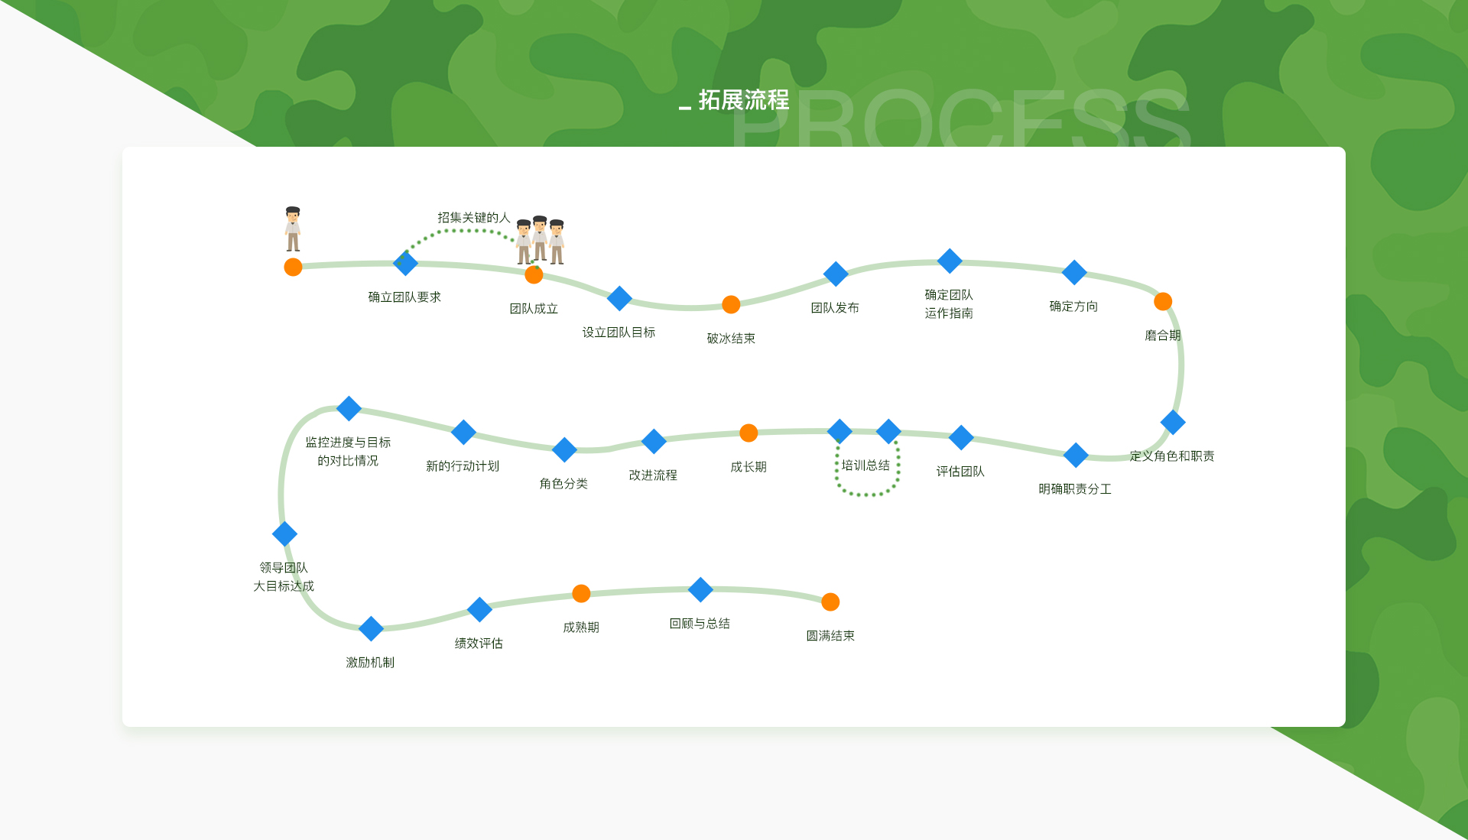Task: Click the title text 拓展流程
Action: click(743, 100)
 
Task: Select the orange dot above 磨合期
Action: click(1163, 301)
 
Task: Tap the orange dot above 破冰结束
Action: click(731, 304)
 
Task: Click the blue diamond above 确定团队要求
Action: click(405, 263)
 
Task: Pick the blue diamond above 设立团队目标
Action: click(619, 298)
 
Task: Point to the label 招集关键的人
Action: click(473, 218)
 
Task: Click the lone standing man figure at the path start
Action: click(293, 229)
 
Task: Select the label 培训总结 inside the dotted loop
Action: click(866, 465)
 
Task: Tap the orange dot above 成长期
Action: click(749, 433)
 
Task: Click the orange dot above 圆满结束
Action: click(830, 602)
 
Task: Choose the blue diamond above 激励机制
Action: click(371, 628)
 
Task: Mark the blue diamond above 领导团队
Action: click(284, 534)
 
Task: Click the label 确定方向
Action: click(1073, 306)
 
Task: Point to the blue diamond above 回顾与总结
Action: click(700, 589)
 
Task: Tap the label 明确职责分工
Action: click(1075, 489)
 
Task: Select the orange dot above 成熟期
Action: click(581, 593)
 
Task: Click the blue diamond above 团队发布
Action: click(836, 274)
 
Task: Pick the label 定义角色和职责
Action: click(1172, 456)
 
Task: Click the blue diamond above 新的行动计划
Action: click(463, 432)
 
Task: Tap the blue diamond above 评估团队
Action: click(961, 437)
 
